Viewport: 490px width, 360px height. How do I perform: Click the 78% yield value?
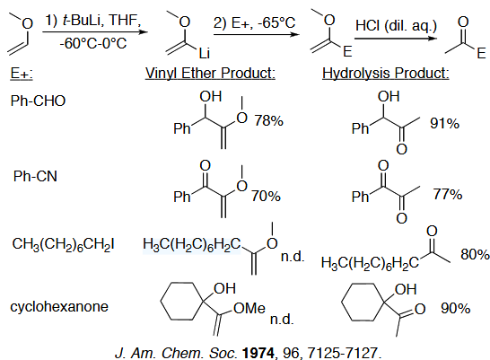[x=268, y=120]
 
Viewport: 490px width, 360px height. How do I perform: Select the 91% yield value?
[x=445, y=123]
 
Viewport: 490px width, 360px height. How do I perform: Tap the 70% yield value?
[x=266, y=196]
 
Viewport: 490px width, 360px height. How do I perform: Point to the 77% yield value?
[x=448, y=194]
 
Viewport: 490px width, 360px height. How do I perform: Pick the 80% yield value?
[x=475, y=254]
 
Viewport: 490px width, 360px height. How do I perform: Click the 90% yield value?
[x=455, y=309]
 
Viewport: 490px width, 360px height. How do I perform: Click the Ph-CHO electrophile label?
[x=38, y=101]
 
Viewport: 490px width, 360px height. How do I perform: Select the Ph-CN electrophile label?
[x=35, y=176]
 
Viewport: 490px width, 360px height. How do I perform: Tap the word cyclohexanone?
[x=59, y=306]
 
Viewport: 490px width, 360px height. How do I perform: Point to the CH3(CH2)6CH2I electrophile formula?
[x=63, y=244]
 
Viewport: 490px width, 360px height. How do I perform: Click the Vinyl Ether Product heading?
[x=210, y=73]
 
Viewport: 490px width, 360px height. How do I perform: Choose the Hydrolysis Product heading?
[x=386, y=73]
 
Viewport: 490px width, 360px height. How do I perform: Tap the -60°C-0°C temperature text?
[x=93, y=43]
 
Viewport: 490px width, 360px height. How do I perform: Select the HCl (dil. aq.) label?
[x=396, y=25]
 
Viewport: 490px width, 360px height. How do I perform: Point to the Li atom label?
[x=205, y=53]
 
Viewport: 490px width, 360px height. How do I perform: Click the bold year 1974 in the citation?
[x=258, y=353]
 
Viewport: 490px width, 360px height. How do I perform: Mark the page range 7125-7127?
[x=343, y=353]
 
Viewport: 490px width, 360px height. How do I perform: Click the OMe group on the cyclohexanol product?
[x=249, y=309]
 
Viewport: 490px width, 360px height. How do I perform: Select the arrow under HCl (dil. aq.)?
[x=395, y=39]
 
